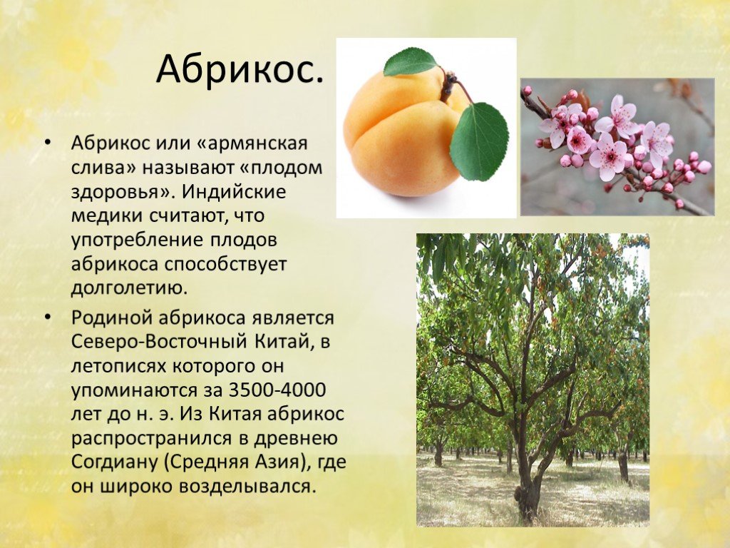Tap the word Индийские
(x=234, y=191)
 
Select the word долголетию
(x=129, y=288)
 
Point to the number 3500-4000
(x=277, y=390)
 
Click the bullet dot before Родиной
(x=48, y=318)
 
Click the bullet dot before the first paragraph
(x=48, y=143)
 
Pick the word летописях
(x=118, y=366)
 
